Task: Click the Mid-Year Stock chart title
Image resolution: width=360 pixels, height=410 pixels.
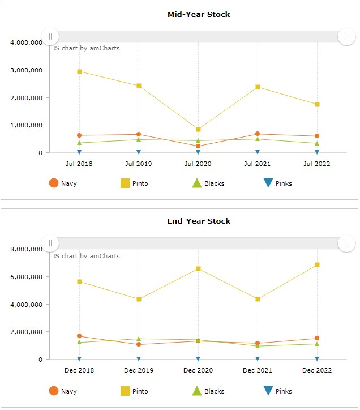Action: [199, 14]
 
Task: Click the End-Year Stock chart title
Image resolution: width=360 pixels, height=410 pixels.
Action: [199, 221]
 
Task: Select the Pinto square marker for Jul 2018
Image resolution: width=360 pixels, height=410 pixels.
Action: [79, 72]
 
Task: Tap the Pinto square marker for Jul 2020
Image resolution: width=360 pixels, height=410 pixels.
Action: [198, 130]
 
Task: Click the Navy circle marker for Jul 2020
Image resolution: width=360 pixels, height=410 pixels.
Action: [198, 146]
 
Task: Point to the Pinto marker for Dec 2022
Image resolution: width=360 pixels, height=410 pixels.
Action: [317, 265]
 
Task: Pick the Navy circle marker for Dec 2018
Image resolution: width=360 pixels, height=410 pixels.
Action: [79, 336]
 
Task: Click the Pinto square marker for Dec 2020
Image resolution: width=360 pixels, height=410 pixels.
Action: [198, 269]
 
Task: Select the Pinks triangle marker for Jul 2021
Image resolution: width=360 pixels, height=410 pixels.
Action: [258, 152]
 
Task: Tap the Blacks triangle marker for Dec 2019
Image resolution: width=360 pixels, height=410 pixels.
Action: [139, 339]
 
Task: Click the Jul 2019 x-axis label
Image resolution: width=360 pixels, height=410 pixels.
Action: [139, 164]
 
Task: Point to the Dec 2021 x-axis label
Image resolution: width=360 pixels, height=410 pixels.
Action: [258, 370]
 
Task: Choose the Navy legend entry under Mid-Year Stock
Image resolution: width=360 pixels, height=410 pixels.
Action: [62, 183]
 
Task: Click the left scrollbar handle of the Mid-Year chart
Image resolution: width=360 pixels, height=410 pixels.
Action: [50, 37]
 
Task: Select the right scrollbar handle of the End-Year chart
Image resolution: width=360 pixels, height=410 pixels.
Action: [346, 244]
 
